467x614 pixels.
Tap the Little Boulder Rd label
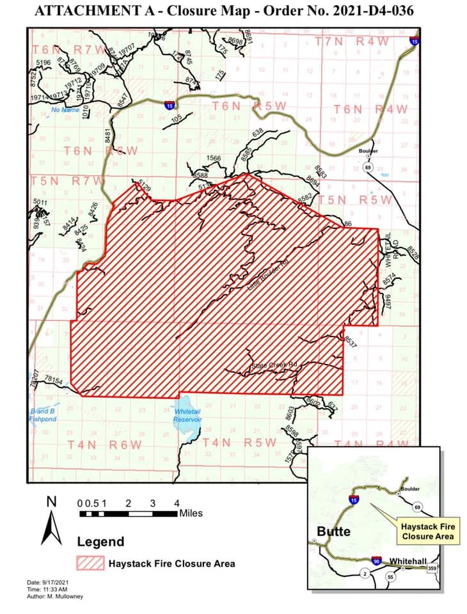[264, 276]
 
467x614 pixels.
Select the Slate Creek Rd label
[275, 365]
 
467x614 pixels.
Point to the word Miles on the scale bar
[191, 513]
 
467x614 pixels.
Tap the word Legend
[101, 542]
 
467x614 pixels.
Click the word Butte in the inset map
[333, 531]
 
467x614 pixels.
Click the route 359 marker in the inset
[432, 567]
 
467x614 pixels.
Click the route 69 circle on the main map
[367, 167]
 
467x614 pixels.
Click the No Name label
[64, 109]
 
